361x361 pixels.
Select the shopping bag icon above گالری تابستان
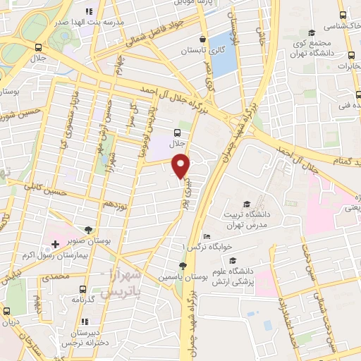(x=203, y=39)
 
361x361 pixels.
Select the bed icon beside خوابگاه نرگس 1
(x=206, y=237)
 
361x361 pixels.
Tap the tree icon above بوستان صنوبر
(x=88, y=229)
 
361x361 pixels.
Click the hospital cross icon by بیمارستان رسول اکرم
(x=55, y=245)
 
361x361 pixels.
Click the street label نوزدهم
(x=116, y=202)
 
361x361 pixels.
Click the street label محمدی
(x=56, y=277)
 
